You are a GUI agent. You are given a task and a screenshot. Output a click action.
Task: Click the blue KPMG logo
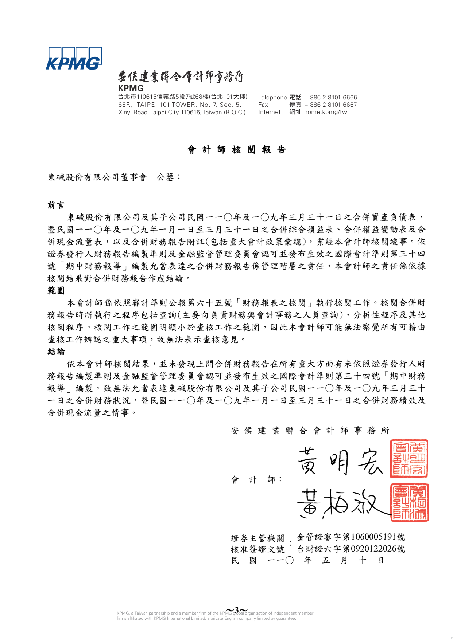(x=74, y=59)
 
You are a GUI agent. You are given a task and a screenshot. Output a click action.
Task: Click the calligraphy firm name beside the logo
(x=180, y=77)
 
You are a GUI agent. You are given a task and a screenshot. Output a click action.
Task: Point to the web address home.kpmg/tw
(x=326, y=112)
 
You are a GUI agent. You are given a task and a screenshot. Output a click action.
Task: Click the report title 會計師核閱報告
(x=237, y=150)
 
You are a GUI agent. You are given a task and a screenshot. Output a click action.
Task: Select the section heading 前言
(x=56, y=205)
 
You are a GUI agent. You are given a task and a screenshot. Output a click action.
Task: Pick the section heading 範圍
(x=56, y=290)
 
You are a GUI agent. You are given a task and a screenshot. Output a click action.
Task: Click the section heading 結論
(x=56, y=352)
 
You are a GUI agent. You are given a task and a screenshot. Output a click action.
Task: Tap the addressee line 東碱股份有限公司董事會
(x=97, y=177)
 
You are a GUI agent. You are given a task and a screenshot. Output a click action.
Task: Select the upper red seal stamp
(x=409, y=458)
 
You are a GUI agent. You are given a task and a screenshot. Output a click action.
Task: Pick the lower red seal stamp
(x=409, y=503)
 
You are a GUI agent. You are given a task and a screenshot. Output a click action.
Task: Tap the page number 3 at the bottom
(x=237, y=610)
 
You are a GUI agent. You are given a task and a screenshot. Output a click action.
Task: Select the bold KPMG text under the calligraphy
(x=131, y=88)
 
